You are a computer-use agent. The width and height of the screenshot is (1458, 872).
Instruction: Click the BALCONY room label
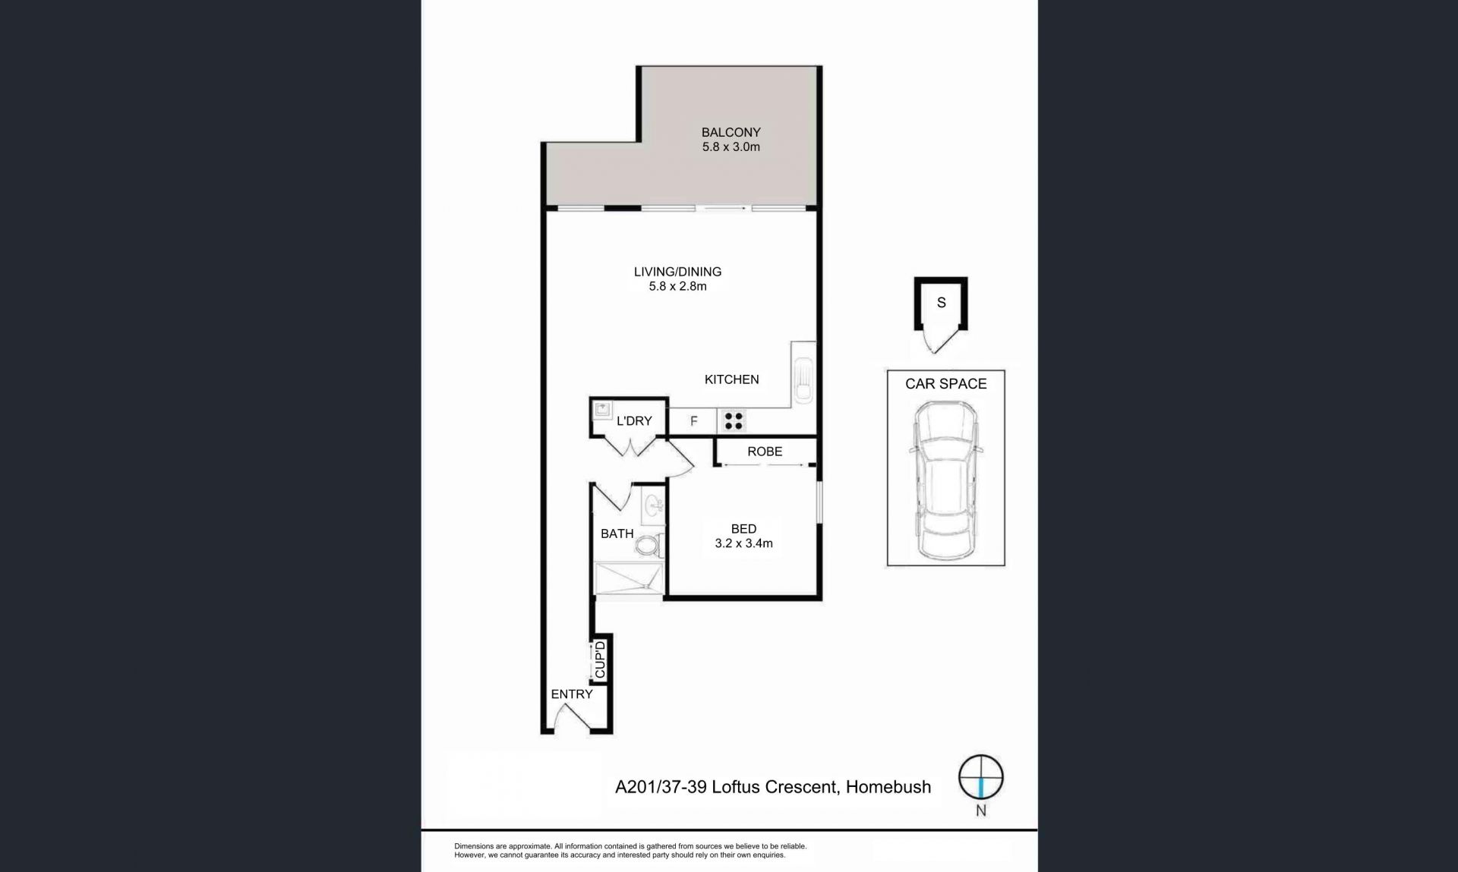[731, 132]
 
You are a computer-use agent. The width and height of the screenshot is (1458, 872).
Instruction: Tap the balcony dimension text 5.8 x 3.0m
[731, 146]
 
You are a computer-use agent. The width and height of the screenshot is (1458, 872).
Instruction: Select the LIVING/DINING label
[677, 272]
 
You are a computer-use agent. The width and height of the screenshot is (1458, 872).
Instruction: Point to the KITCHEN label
[731, 379]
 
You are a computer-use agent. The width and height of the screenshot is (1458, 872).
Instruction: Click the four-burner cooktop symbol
[733, 420]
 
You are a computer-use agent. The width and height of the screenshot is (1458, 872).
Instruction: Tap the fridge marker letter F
[693, 421]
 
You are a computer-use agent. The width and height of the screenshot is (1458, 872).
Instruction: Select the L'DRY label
[634, 420]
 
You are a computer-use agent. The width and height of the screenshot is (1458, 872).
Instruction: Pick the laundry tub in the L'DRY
[602, 410]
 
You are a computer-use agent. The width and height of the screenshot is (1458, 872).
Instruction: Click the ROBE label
[765, 452]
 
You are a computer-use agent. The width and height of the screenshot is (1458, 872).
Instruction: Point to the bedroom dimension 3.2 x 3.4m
[743, 543]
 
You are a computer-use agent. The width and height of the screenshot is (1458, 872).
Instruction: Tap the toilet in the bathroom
[649, 544]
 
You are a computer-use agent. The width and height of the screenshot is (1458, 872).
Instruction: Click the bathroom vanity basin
[652, 504]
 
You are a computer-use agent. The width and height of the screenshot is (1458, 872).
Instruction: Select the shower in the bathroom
[630, 579]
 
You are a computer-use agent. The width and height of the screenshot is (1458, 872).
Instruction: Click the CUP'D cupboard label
[601, 660]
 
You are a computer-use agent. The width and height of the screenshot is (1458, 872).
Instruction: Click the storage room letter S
[941, 303]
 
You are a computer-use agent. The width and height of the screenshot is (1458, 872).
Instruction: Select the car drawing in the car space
[945, 480]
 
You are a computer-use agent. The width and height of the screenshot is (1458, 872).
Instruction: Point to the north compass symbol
[980, 777]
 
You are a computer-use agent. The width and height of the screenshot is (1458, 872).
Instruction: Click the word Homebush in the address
[888, 787]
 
